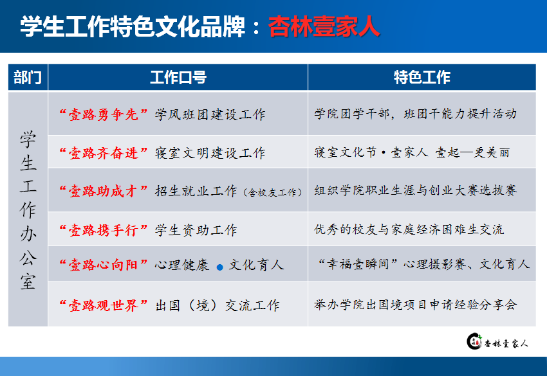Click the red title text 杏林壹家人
pyautogui.click(x=324, y=26)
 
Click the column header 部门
pyautogui.click(x=28, y=77)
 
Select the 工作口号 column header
pyautogui.click(x=178, y=77)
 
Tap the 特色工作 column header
pyautogui.click(x=422, y=77)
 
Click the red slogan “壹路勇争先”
pyautogui.click(x=104, y=114)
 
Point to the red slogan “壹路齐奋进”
pyautogui.click(x=104, y=152)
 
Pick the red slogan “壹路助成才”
pyautogui.click(x=104, y=191)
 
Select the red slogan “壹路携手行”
pyautogui.click(x=104, y=230)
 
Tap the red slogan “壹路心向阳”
pyautogui.click(x=104, y=265)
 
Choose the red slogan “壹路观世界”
pyautogui.click(x=104, y=305)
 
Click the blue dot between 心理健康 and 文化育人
pyautogui.click(x=220, y=267)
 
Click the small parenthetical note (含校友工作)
pyautogui.click(x=272, y=192)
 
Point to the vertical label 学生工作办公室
pyautogui.click(x=28, y=210)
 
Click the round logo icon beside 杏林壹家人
pyautogui.click(x=474, y=341)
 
